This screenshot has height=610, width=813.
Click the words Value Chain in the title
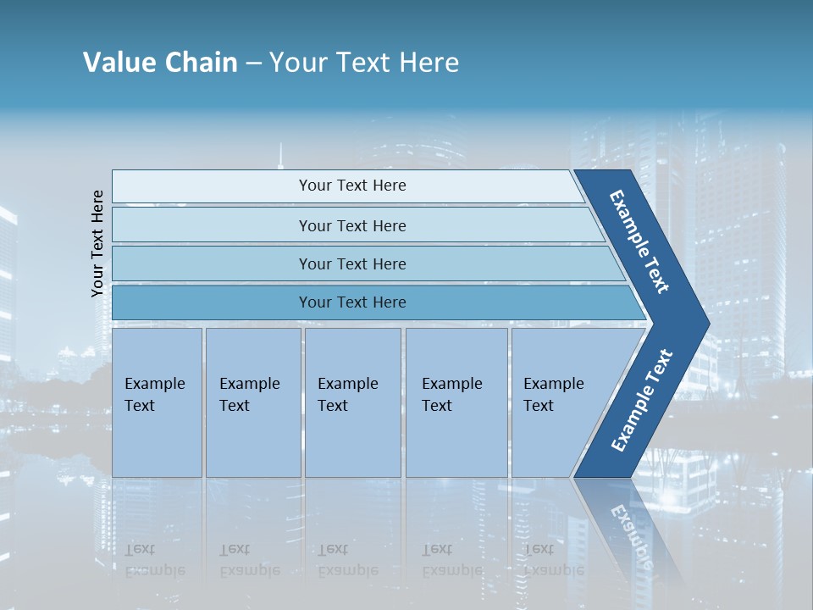point(160,63)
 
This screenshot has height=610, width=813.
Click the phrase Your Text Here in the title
point(364,63)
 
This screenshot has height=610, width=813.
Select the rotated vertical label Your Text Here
point(97,243)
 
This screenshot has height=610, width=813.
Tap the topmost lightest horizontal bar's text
point(352,186)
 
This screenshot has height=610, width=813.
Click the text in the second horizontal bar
point(352,226)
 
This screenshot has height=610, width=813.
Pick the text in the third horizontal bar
point(352,264)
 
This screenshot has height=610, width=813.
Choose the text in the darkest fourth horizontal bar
point(352,302)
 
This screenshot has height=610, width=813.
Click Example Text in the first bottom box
point(154,395)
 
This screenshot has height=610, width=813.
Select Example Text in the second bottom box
point(249,395)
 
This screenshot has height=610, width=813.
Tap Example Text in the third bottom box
point(347,395)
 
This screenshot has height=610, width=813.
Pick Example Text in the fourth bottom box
point(451,395)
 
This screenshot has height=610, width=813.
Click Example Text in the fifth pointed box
point(553,395)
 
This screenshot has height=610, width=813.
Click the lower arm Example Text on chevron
point(642,400)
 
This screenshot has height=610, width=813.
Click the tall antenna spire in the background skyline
point(279,156)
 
